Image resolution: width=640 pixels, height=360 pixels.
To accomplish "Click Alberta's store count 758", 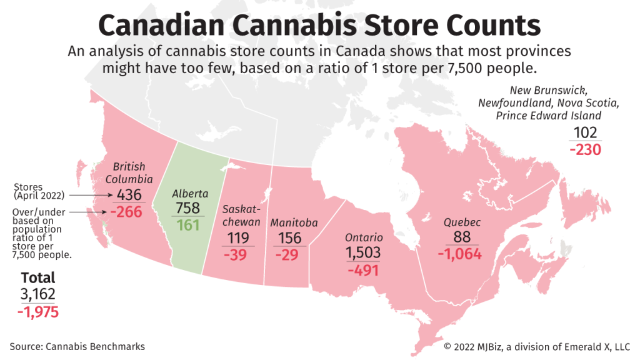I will [188, 208].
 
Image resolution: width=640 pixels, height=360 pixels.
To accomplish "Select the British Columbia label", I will [129, 173].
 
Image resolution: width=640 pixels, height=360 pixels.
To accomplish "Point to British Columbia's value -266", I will [126, 211].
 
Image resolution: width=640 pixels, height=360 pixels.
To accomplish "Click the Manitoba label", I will [294, 222].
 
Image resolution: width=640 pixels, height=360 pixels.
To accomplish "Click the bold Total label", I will [38, 277].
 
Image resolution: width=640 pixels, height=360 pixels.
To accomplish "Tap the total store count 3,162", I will [38, 294].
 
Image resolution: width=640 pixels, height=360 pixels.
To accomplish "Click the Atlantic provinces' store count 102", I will [585, 133].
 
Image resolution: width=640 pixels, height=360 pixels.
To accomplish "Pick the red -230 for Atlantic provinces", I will [585, 150].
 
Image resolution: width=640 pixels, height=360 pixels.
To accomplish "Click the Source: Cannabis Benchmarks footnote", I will [77, 346].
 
